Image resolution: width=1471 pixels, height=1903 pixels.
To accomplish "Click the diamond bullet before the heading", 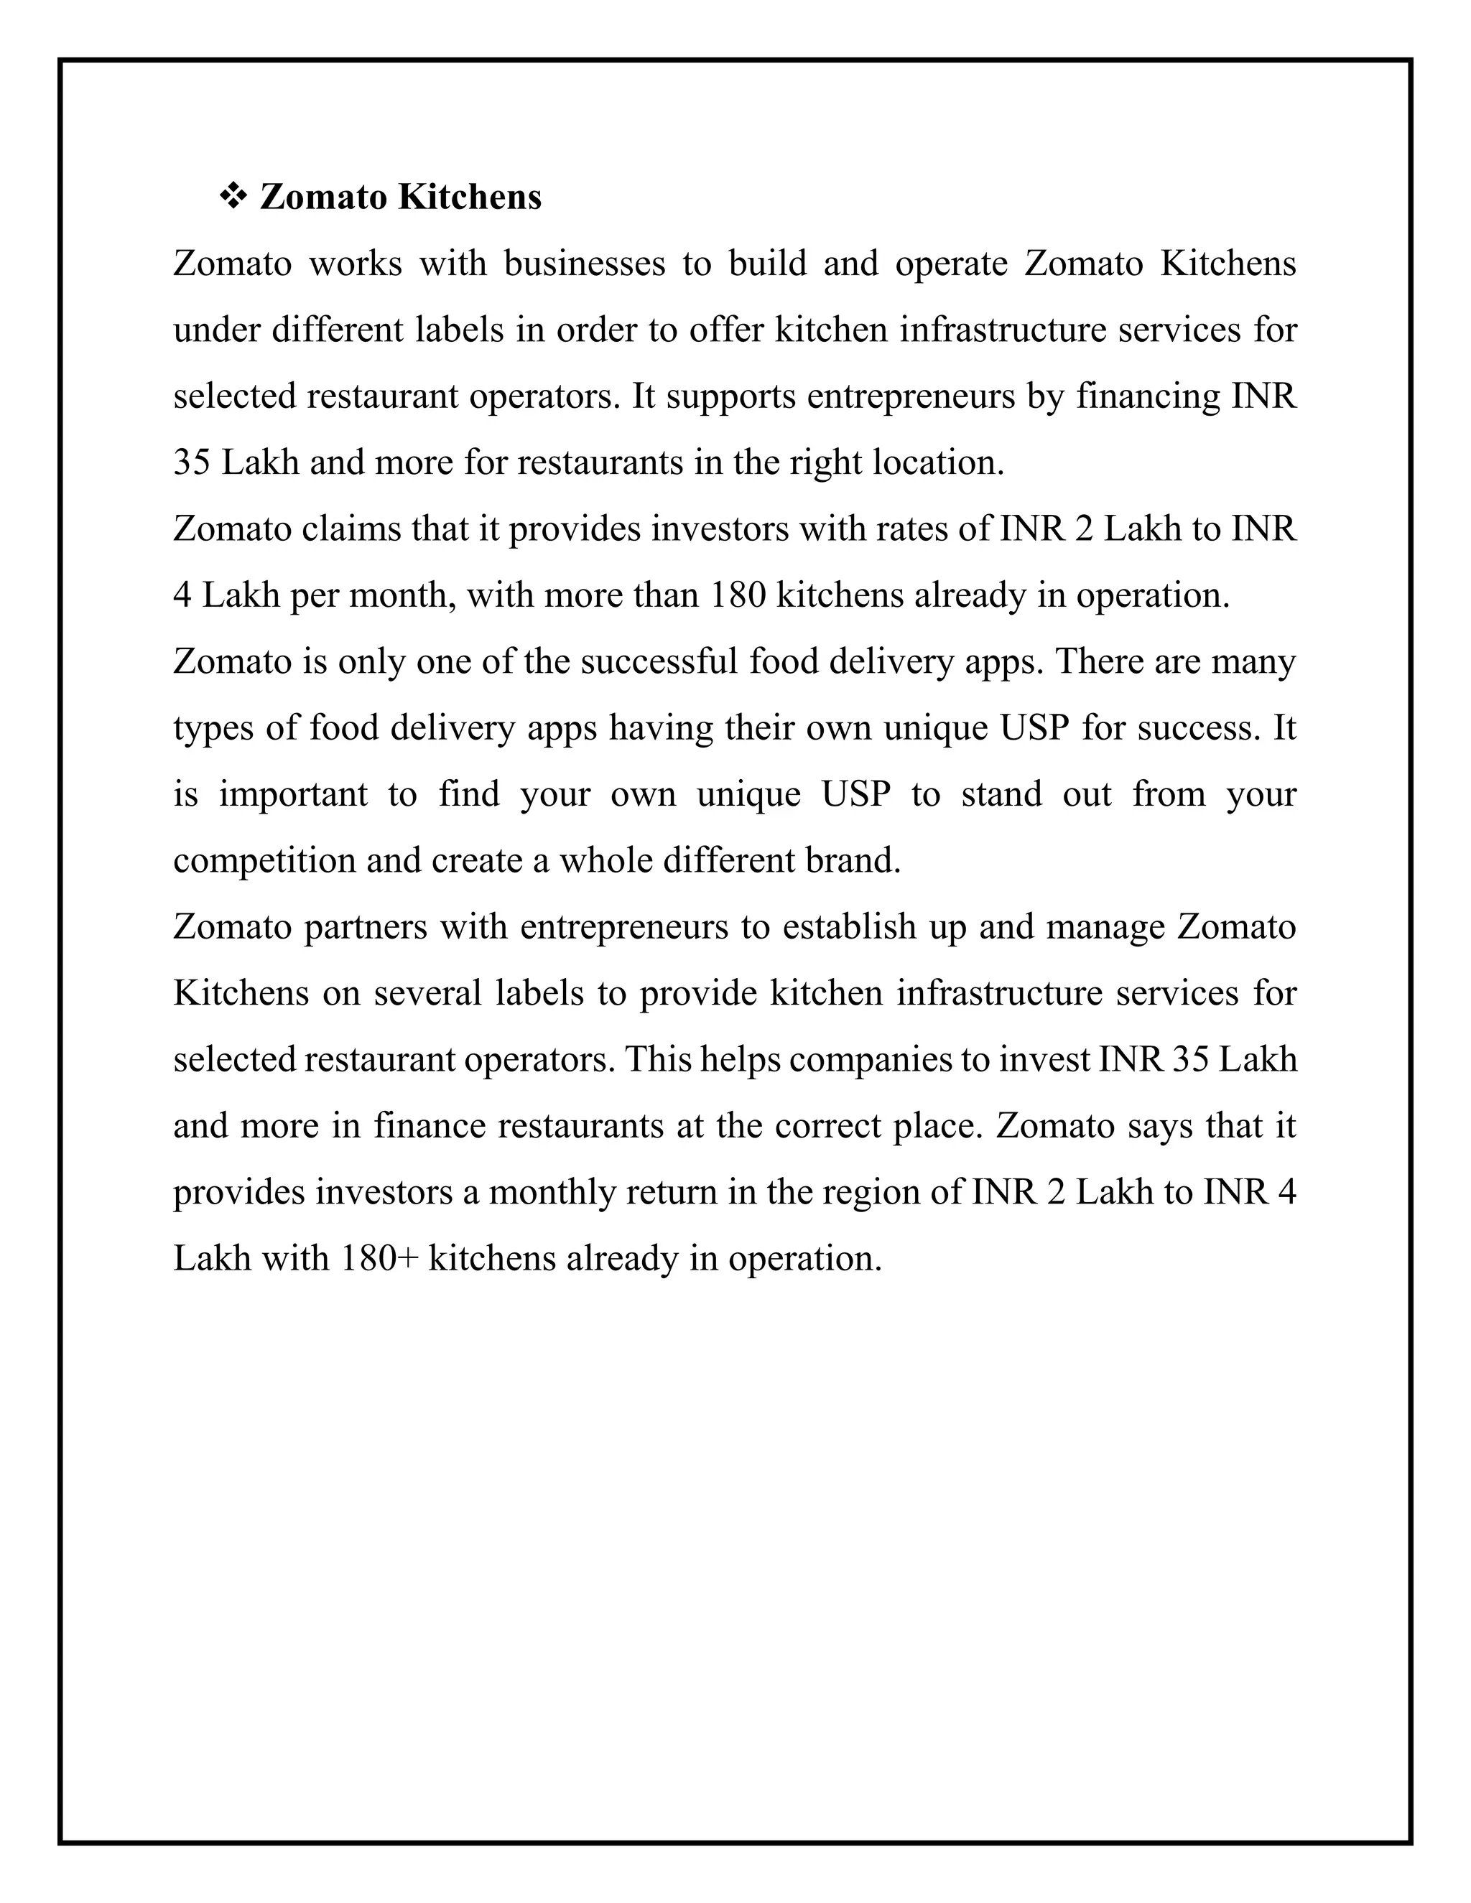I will (233, 197).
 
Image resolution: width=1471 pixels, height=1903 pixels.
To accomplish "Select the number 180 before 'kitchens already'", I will (738, 596).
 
